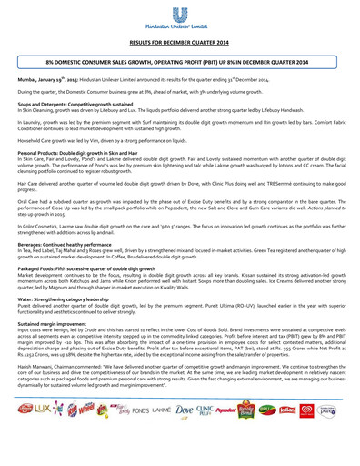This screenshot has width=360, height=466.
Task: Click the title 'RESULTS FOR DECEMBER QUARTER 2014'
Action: tap(179, 42)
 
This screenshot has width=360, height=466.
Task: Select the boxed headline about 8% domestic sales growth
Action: tap(179, 63)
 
